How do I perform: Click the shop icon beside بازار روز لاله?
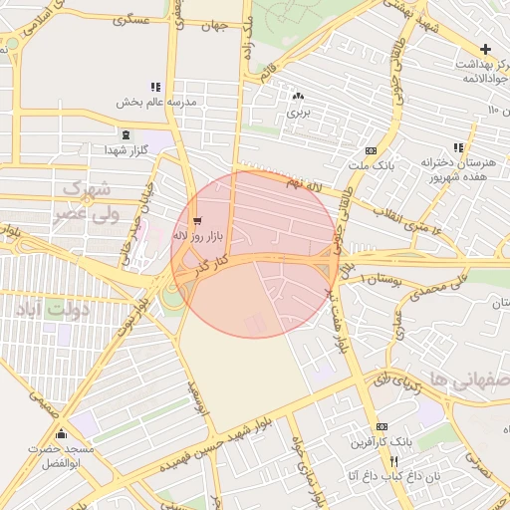coord(196,221)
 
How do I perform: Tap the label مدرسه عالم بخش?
coord(157,103)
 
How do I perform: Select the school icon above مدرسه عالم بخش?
coord(154,88)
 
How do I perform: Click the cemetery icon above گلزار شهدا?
coord(125,134)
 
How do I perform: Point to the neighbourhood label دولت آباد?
coord(51,310)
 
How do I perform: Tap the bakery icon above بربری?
coord(298,97)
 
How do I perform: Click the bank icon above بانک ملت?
coord(371,149)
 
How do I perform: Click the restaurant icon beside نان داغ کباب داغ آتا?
coord(394,461)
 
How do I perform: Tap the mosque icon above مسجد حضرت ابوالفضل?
coord(62,433)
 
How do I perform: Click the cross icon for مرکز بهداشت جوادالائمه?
coord(485,49)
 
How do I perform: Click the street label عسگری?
coord(132,19)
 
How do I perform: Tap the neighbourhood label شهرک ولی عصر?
coord(91,199)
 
